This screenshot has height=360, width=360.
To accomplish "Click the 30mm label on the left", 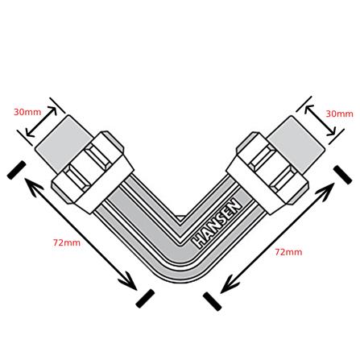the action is point(27,112).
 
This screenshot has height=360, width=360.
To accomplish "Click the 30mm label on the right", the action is point(339,114).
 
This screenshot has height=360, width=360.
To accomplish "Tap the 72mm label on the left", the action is point(67,242).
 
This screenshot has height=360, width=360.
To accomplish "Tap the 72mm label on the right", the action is point(288,252).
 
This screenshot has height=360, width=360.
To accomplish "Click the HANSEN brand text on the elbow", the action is point(217,223).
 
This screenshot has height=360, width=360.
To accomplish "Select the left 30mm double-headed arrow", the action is point(41,122).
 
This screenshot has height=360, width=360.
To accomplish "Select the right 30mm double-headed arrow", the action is point(320,121).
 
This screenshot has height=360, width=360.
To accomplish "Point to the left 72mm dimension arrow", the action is point(81,234).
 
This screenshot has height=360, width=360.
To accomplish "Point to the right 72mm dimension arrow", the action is point(277,238).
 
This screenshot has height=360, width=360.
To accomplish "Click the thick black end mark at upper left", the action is point(16,170).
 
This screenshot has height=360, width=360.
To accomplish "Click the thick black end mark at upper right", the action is point(342,175).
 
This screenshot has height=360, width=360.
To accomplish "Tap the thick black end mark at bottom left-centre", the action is point(145,299).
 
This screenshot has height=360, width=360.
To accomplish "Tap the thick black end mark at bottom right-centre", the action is point(212,301).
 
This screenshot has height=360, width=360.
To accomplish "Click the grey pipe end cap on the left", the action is point(63,143).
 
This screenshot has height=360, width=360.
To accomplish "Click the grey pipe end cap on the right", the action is point(297,145).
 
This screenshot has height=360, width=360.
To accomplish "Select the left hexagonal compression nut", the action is point(93,172).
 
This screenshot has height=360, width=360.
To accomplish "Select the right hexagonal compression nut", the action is point(267,173).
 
